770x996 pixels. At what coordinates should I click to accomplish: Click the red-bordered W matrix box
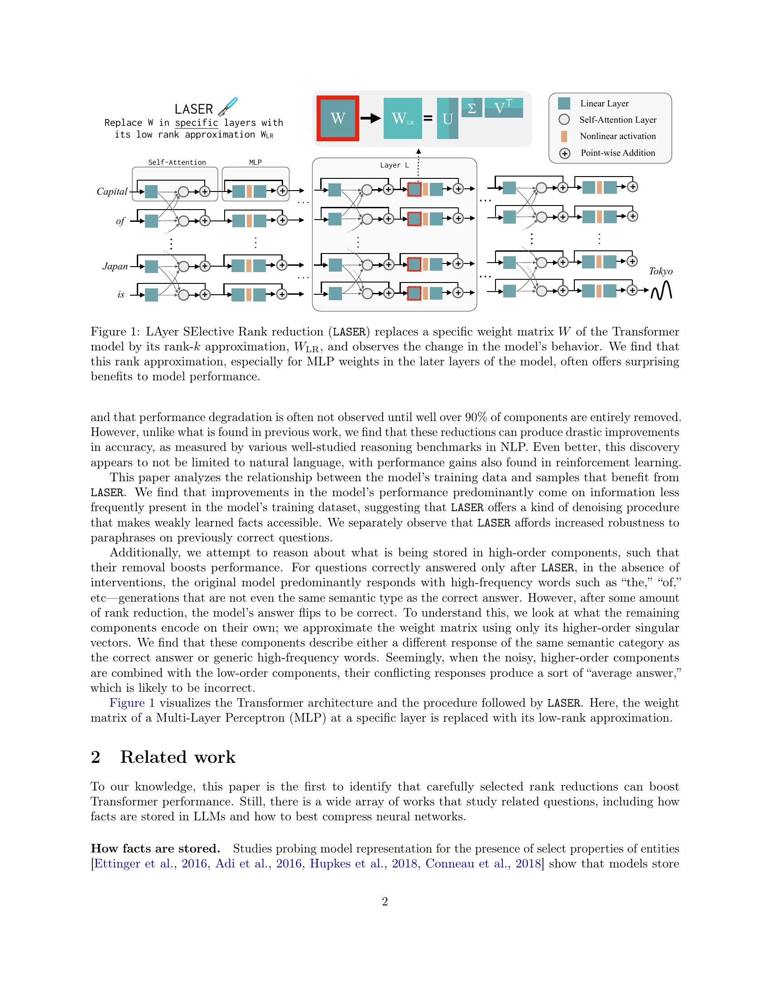pyautogui.click(x=337, y=119)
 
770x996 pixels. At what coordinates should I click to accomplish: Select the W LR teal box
pyautogui.click(x=402, y=119)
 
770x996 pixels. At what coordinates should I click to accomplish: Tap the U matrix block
pyautogui.click(x=448, y=119)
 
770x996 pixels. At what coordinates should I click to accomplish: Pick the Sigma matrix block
pyautogui.click(x=472, y=108)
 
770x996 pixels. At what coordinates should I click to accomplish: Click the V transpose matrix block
pyautogui.click(x=503, y=108)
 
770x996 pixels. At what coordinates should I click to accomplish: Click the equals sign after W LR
pyautogui.click(x=428, y=119)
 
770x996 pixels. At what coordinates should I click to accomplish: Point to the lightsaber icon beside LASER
pyautogui.click(x=228, y=106)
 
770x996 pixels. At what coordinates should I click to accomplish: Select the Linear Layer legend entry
pyautogui.click(x=604, y=104)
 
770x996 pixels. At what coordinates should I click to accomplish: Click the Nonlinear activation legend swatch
pyautogui.click(x=564, y=136)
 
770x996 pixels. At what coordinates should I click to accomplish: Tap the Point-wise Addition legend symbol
pyautogui.click(x=565, y=153)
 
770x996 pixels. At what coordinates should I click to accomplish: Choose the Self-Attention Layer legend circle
pyautogui.click(x=564, y=120)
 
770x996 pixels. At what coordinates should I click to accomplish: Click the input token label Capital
pyautogui.click(x=112, y=192)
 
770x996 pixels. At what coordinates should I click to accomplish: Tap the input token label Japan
pyautogui.click(x=115, y=266)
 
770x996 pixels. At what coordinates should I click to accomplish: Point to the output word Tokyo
pyautogui.click(x=660, y=271)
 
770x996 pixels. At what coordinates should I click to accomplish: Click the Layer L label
pyautogui.click(x=394, y=165)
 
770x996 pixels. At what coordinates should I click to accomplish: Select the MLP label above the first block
pyautogui.click(x=255, y=163)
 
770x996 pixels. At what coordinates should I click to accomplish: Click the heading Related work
pyautogui.click(x=178, y=757)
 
